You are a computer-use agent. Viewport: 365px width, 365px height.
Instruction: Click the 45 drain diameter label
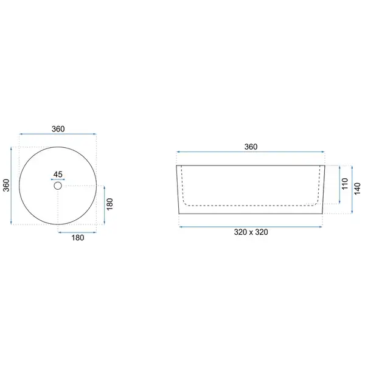click(58, 175)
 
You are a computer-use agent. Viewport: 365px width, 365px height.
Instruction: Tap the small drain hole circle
click(58, 186)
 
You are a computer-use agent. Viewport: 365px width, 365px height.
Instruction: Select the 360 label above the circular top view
click(58, 129)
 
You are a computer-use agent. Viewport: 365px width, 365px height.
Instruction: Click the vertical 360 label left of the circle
click(6, 186)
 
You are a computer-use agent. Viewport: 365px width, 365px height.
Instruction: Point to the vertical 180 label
click(109, 204)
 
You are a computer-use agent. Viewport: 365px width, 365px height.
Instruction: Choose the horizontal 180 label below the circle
click(78, 238)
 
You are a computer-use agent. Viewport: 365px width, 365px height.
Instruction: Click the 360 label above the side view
click(251, 147)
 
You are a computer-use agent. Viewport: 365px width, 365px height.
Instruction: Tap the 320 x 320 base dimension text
click(251, 232)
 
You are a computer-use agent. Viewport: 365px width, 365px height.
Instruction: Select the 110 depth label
click(345, 184)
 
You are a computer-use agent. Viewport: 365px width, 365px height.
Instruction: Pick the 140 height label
click(357, 189)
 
